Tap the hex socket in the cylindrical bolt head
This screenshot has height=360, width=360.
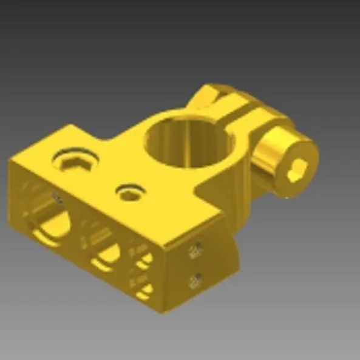coord(299,172)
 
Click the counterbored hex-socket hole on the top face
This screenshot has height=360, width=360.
coord(75,161)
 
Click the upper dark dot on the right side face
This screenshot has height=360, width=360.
coord(196,250)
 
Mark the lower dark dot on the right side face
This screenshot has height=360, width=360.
coord(195,280)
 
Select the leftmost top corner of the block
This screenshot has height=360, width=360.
coord(10,159)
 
